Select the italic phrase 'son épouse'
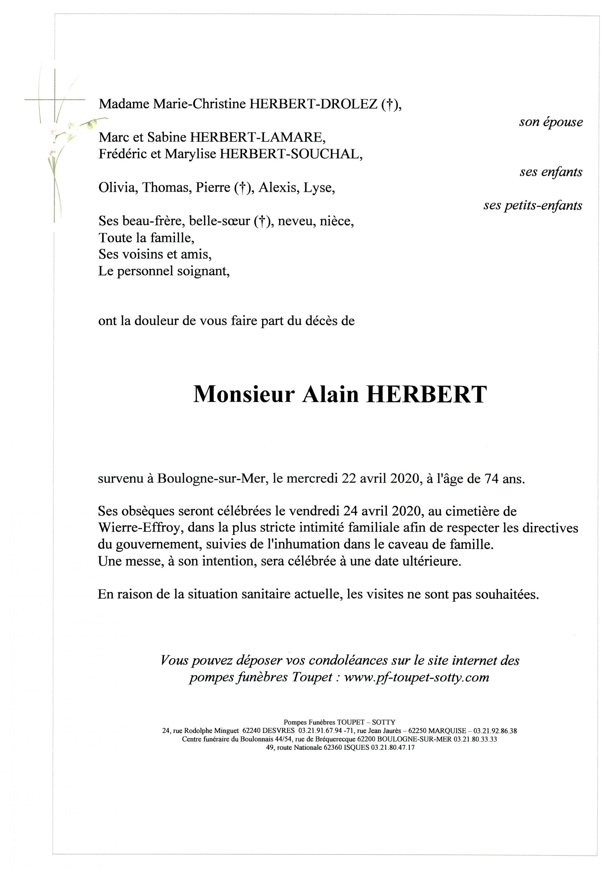551,122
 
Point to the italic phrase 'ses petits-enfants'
533,205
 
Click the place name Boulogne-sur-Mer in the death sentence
211,479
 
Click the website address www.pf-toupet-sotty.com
416,677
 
